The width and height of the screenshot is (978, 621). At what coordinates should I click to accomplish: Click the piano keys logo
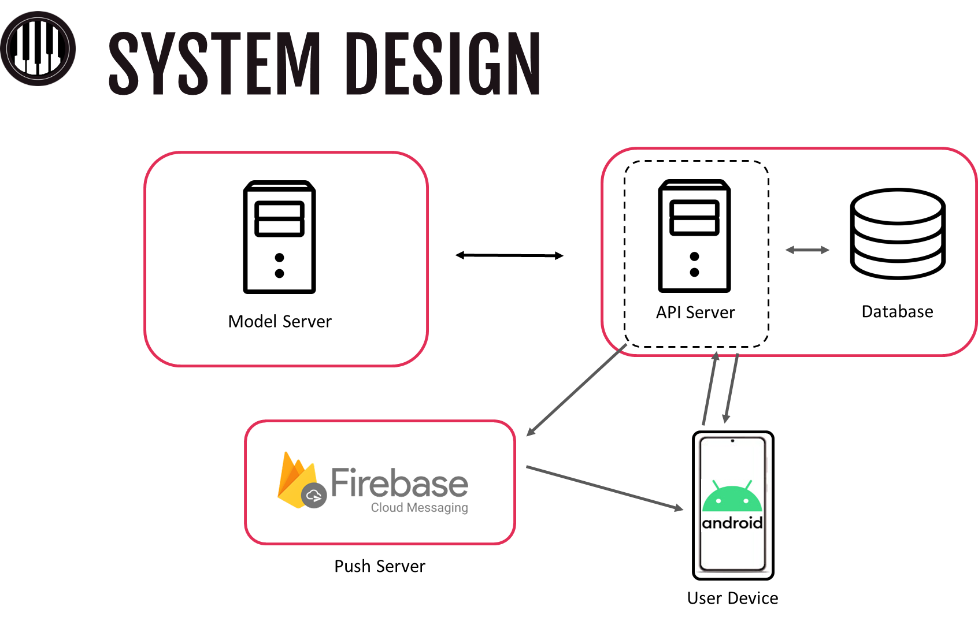38,49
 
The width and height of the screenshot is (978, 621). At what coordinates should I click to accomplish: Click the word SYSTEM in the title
214,63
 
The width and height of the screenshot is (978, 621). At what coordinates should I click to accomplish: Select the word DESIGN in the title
445,63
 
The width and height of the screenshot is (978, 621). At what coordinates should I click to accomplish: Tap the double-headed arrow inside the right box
807,250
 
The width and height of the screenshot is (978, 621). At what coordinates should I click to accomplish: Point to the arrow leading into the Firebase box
576,391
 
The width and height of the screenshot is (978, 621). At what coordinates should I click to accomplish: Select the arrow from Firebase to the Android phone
605,488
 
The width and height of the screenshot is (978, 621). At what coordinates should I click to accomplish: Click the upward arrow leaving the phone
710,388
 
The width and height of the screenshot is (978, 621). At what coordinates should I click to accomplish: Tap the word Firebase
399,484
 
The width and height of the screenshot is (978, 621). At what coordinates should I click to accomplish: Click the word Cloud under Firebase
387,508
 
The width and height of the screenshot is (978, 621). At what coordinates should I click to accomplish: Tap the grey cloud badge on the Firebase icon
314,495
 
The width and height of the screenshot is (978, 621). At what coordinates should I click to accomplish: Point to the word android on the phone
732,523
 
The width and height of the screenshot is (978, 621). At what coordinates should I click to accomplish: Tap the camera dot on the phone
732,441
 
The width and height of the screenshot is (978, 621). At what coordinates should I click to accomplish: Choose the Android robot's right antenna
749,484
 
